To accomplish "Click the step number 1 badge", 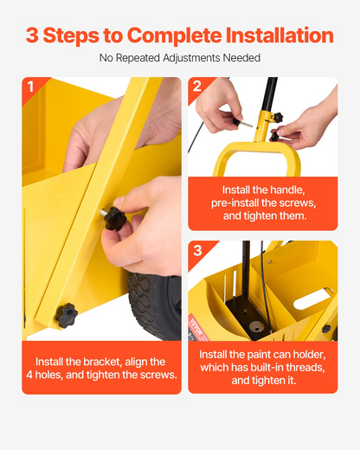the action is (x=30, y=87).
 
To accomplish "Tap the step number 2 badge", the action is (x=197, y=86).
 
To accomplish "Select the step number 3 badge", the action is (x=197, y=250).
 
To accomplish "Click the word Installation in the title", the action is (x=280, y=35).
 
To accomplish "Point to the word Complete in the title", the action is (x=174, y=35).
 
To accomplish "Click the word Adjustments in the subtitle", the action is (x=191, y=58).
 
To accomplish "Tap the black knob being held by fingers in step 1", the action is (x=115, y=218).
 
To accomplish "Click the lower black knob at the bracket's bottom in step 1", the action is (x=67, y=315).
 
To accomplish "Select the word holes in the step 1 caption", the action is (x=48, y=375).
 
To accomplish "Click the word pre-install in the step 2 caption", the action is (x=231, y=203).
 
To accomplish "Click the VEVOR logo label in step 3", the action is (x=197, y=326).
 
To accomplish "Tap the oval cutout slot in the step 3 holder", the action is (x=313, y=299).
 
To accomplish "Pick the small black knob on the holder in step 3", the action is (x=326, y=329).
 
